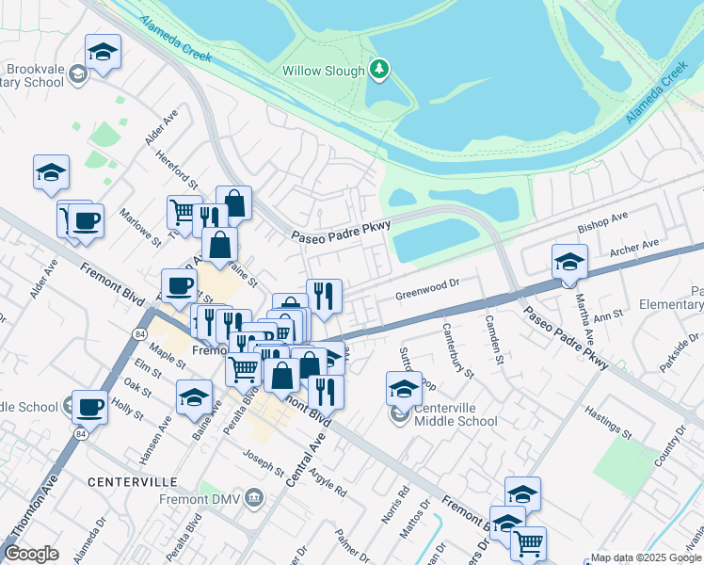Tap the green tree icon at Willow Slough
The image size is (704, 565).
378,68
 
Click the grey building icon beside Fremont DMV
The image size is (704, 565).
253,497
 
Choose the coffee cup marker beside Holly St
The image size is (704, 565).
90,407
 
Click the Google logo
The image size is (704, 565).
31,554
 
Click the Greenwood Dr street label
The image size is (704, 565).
426,283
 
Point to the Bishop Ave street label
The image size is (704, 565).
602,222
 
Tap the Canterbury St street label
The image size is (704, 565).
457,350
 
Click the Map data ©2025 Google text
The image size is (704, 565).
646,557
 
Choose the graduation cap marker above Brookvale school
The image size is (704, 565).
103,52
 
